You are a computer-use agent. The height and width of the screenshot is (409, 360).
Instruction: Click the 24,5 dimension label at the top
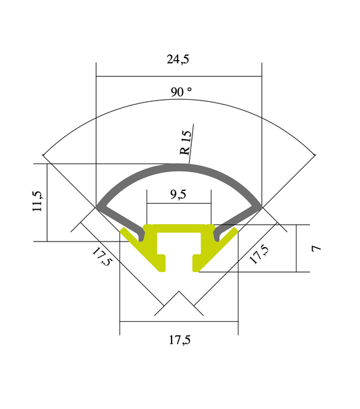point(178,59)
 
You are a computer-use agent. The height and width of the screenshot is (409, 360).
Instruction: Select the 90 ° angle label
point(181,92)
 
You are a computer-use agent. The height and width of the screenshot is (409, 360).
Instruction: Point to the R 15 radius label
point(186,143)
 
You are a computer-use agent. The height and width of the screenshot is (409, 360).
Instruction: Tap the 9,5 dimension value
point(178,195)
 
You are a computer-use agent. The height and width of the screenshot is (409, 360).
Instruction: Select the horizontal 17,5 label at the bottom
point(178,340)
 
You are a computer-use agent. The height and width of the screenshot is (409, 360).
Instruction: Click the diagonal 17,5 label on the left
point(102,257)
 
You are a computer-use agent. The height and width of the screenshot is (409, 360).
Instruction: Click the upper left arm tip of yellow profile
point(124,231)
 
